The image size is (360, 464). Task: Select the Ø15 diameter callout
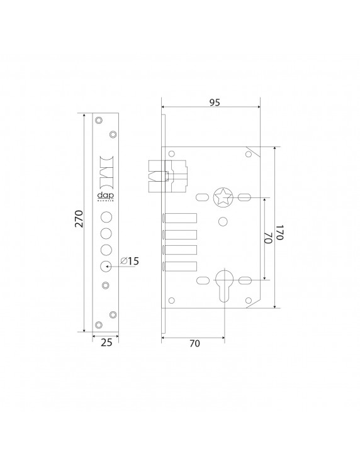130,261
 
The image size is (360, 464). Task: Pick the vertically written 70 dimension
267,238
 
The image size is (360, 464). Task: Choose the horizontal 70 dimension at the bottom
194,343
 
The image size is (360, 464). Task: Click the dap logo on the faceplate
104,196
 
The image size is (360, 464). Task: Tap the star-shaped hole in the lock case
223,197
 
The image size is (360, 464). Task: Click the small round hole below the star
223,222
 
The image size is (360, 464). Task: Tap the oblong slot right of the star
245,197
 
